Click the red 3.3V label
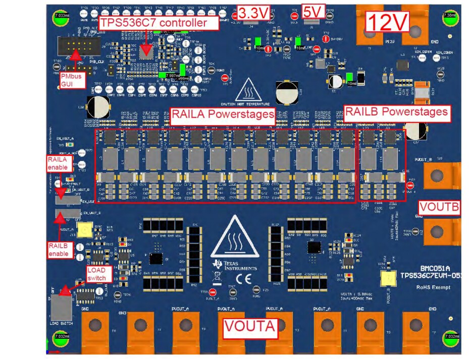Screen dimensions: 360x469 pyautogui.click(x=253, y=13)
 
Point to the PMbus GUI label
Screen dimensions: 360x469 pyautogui.click(x=69, y=79)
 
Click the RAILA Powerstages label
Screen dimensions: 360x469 pyautogui.click(x=223, y=114)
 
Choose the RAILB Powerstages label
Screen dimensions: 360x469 pyautogui.click(x=396, y=112)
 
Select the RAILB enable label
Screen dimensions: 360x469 pyautogui.click(x=59, y=249)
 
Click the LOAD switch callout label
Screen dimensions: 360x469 pyautogui.click(x=96, y=275)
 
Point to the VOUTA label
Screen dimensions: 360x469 pyautogui.click(x=250, y=326)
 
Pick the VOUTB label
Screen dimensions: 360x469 pyautogui.click(x=439, y=208)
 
